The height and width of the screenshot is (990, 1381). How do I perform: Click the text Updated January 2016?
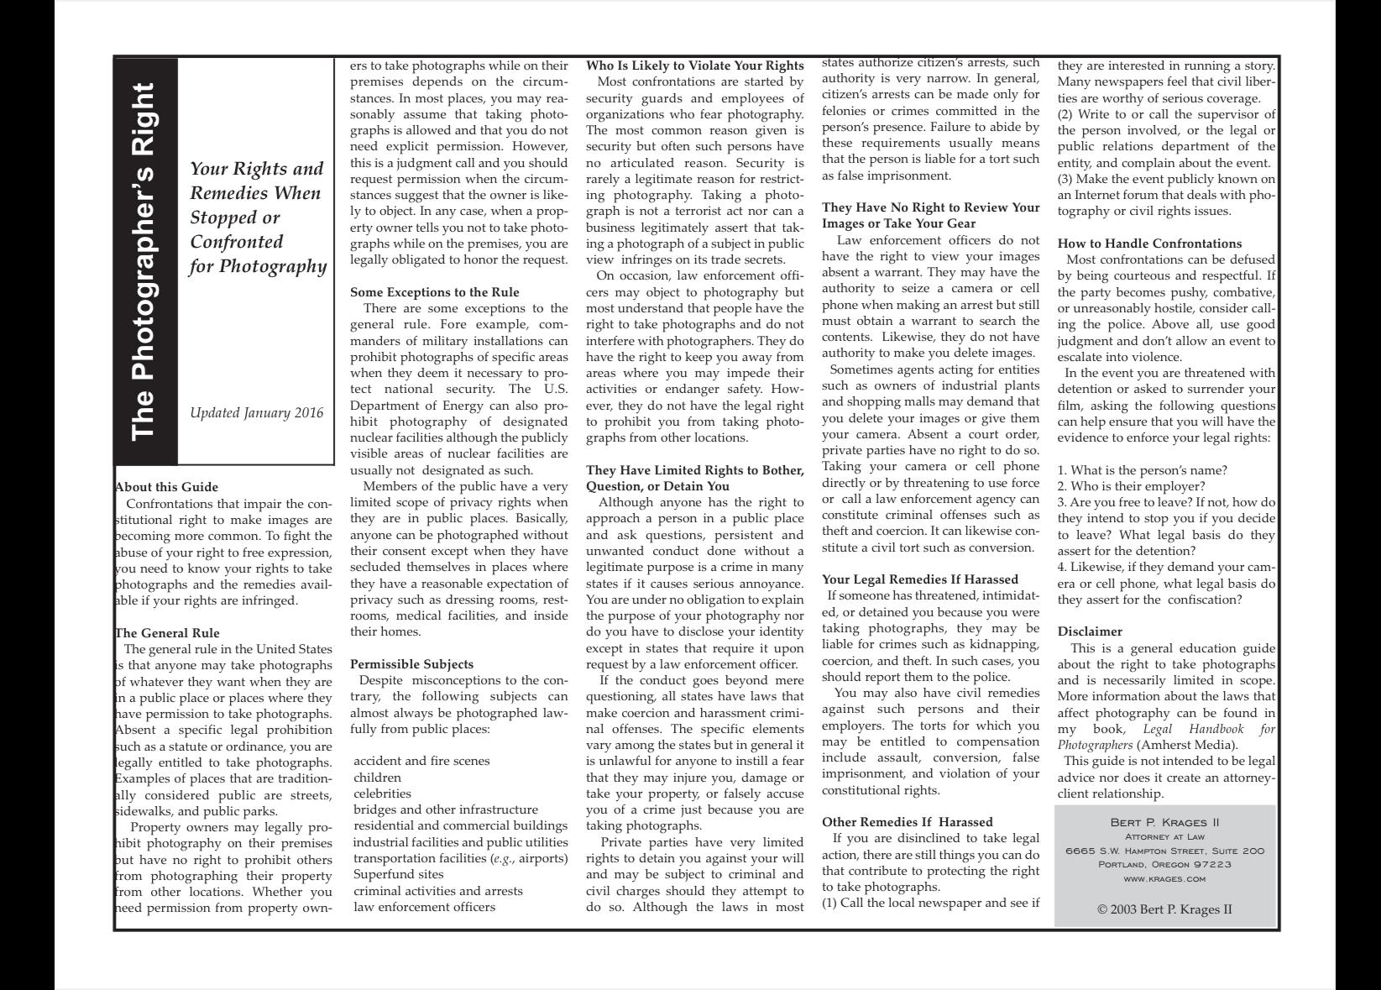tap(256, 413)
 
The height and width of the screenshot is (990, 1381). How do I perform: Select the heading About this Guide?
tap(166, 487)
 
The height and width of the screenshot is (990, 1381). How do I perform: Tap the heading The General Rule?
tap(167, 633)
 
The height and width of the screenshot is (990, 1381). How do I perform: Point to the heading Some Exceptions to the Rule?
tap(434, 292)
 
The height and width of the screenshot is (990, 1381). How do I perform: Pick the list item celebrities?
tap(382, 794)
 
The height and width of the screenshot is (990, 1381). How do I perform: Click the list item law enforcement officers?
tap(424, 907)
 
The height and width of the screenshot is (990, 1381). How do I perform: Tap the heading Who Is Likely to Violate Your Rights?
tap(694, 65)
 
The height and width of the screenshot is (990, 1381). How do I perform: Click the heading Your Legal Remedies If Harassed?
tap(919, 579)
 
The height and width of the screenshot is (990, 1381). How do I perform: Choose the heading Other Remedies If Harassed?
tap(907, 822)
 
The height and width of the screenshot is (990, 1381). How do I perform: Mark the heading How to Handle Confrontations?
tap(1149, 244)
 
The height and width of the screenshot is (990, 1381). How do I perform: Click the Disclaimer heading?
tap(1090, 631)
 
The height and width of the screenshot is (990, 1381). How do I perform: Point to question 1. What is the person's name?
tap(1142, 470)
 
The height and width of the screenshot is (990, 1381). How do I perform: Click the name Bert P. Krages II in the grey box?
tap(1164, 822)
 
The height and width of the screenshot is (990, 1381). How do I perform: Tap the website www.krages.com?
tap(1164, 879)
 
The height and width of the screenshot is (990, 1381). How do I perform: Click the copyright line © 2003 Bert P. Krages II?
tap(1164, 909)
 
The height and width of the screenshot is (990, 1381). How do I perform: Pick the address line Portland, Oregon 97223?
tap(1164, 865)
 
